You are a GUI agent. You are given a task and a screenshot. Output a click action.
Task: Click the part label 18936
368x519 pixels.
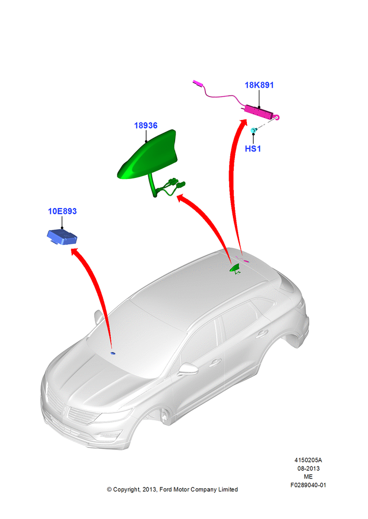click(x=146, y=126)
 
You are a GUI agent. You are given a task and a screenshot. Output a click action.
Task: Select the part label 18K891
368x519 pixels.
click(x=259, y=85)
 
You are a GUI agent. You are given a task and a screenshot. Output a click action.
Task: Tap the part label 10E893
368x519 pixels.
click(x=62, y=211)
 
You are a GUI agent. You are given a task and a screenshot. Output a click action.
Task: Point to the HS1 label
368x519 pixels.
click(x=253, y=148)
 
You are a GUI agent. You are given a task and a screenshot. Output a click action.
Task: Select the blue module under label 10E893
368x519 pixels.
click(x=62, y=237)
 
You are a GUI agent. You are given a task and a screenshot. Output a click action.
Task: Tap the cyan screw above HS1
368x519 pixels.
click(x=254, y=130)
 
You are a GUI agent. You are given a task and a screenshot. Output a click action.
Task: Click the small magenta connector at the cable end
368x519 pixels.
click(x=198, y=83)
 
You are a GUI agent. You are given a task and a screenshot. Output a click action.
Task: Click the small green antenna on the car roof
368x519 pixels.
click(x=235, y=268)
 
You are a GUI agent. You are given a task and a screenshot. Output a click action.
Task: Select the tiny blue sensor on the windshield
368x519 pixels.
click(x=113, y=353)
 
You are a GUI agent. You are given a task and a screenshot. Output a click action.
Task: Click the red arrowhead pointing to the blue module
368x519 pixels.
click(x=75, y=252)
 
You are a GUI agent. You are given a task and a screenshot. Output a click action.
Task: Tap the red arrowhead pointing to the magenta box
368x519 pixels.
click(x=243, y=122)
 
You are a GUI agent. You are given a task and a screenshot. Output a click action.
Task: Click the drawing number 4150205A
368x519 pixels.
click(x=308, y=460)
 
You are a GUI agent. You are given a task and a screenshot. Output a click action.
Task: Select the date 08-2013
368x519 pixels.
click(x=308, y=468)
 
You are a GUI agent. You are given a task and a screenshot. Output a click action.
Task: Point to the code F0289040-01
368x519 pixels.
click(x=308, y=485)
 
